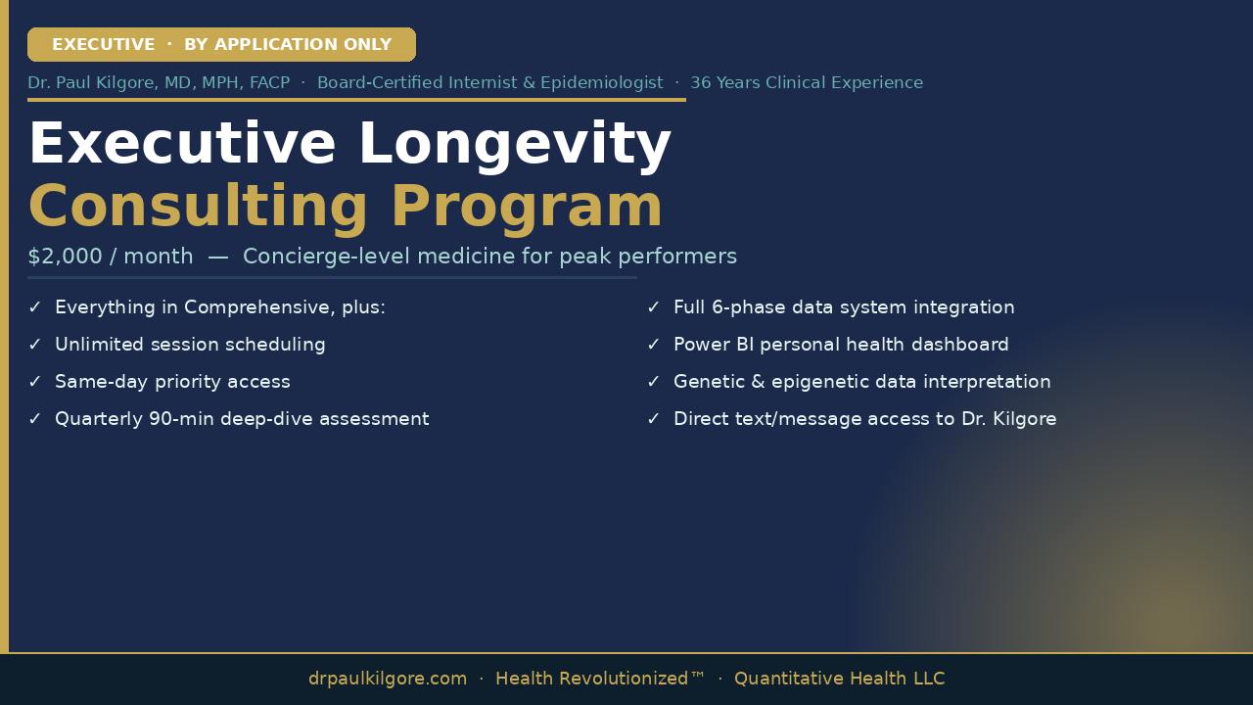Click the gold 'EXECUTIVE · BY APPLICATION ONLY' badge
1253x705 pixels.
tap(221, 44)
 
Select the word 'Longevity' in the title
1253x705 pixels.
tap(515, 145)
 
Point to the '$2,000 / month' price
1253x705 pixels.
tap(111, 257)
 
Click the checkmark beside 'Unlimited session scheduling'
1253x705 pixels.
tap(34, 344)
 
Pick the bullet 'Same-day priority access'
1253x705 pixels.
tap(172, 382)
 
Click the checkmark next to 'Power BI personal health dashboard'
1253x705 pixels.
tap(653, 344)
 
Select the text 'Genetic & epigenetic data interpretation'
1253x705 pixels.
tap(862, 382)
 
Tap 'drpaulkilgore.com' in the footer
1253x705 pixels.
tap(387, 679)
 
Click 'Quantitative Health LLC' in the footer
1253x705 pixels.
tap(840, 679)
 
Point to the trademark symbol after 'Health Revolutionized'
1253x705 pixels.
tap(698, 675)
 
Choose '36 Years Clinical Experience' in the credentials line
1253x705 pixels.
tap(807, 83)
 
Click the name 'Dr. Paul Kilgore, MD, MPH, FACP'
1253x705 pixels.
tap(159, 83)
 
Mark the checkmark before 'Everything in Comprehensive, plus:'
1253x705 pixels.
tap(34, 307)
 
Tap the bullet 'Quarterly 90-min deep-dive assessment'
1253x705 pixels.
tap(242, 419)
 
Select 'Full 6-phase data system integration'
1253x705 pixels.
tap(844, 307)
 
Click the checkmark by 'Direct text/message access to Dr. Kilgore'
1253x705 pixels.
tap(653, 418)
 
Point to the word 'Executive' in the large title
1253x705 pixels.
tap(182, 144)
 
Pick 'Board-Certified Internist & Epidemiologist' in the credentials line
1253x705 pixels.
tap(490, 83)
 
